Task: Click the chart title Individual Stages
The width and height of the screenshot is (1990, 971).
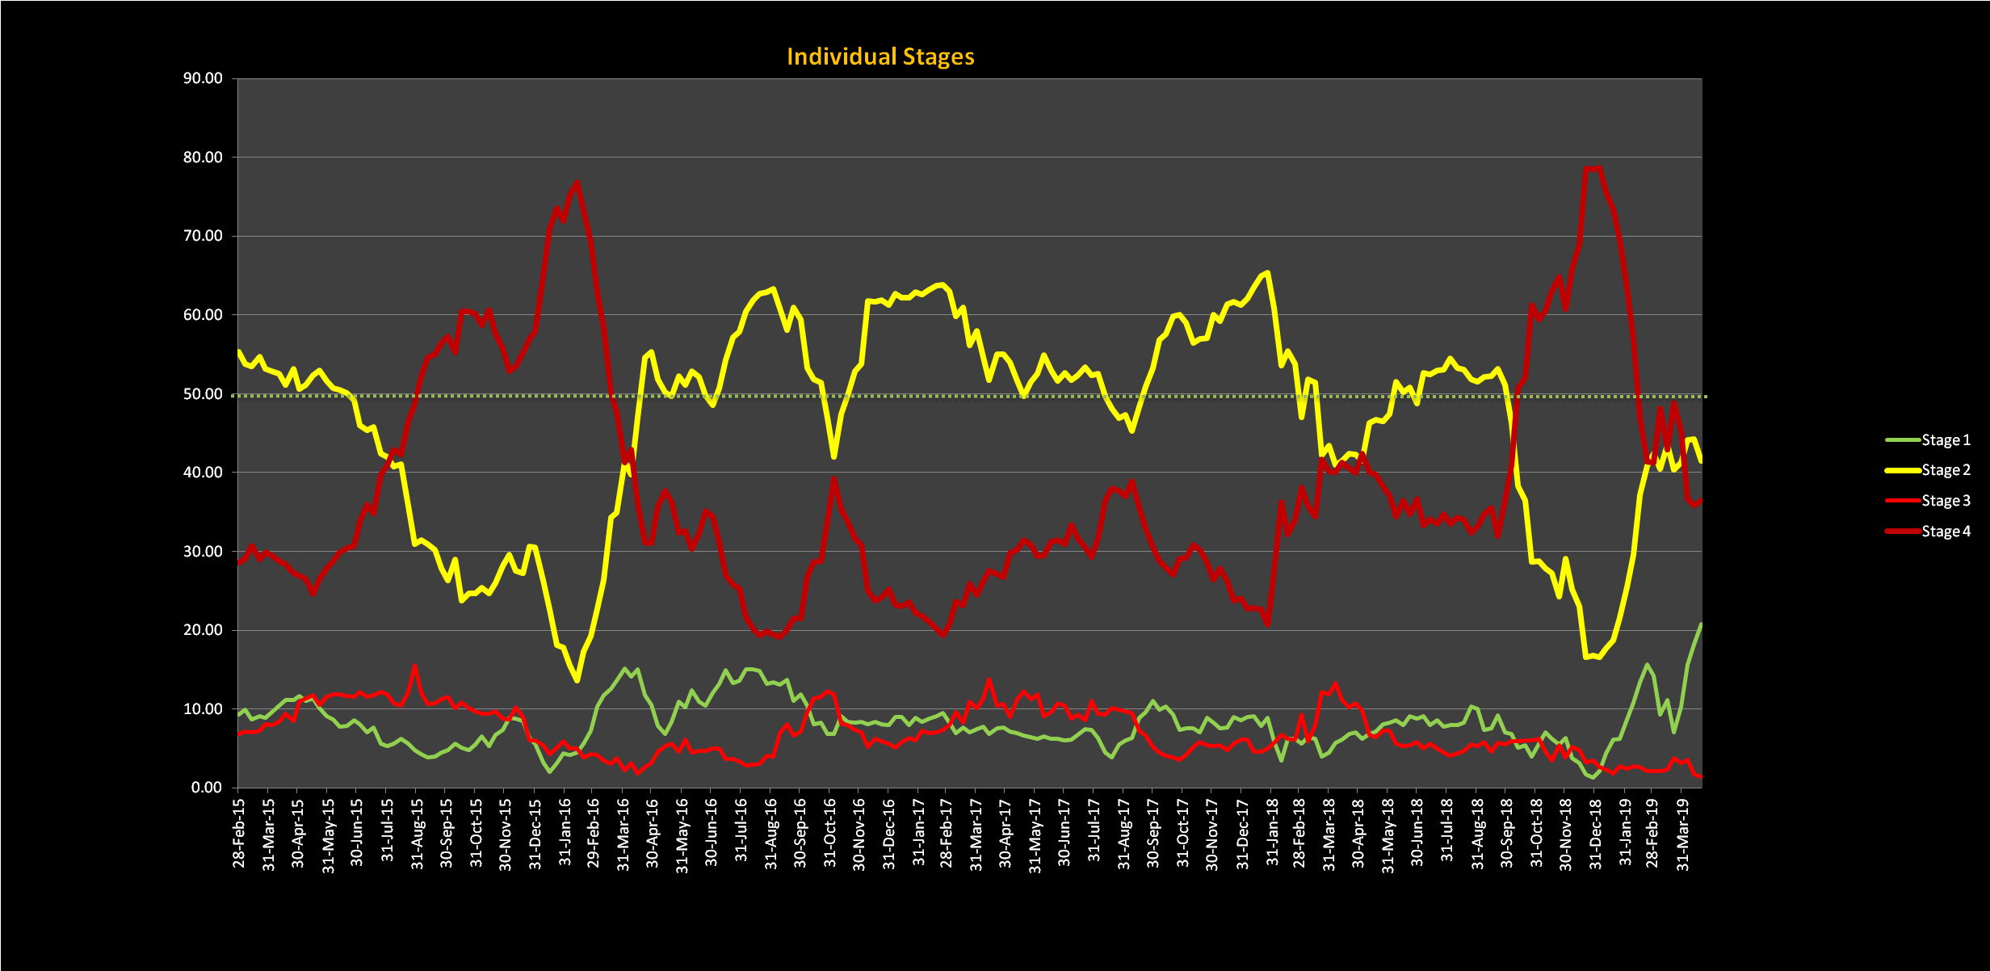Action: point(880,57)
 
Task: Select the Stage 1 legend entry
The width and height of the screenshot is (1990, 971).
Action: point(1945,440)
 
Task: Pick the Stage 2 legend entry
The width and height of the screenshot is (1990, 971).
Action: point(1945,470)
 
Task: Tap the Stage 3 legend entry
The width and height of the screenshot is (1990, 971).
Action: point(1945,501)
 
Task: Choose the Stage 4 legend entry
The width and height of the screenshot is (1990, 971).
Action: point(1945,532)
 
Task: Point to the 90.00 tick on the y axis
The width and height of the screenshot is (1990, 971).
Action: point(203,78)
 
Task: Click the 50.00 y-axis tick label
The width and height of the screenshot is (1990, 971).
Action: point(203,394)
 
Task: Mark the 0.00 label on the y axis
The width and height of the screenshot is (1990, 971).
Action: point(207,788)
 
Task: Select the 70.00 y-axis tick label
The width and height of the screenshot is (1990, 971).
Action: point(203,236)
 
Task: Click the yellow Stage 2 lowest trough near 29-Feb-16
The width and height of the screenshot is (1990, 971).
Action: point(577,680)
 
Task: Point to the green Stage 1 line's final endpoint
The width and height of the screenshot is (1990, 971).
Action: point(1701,624)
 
